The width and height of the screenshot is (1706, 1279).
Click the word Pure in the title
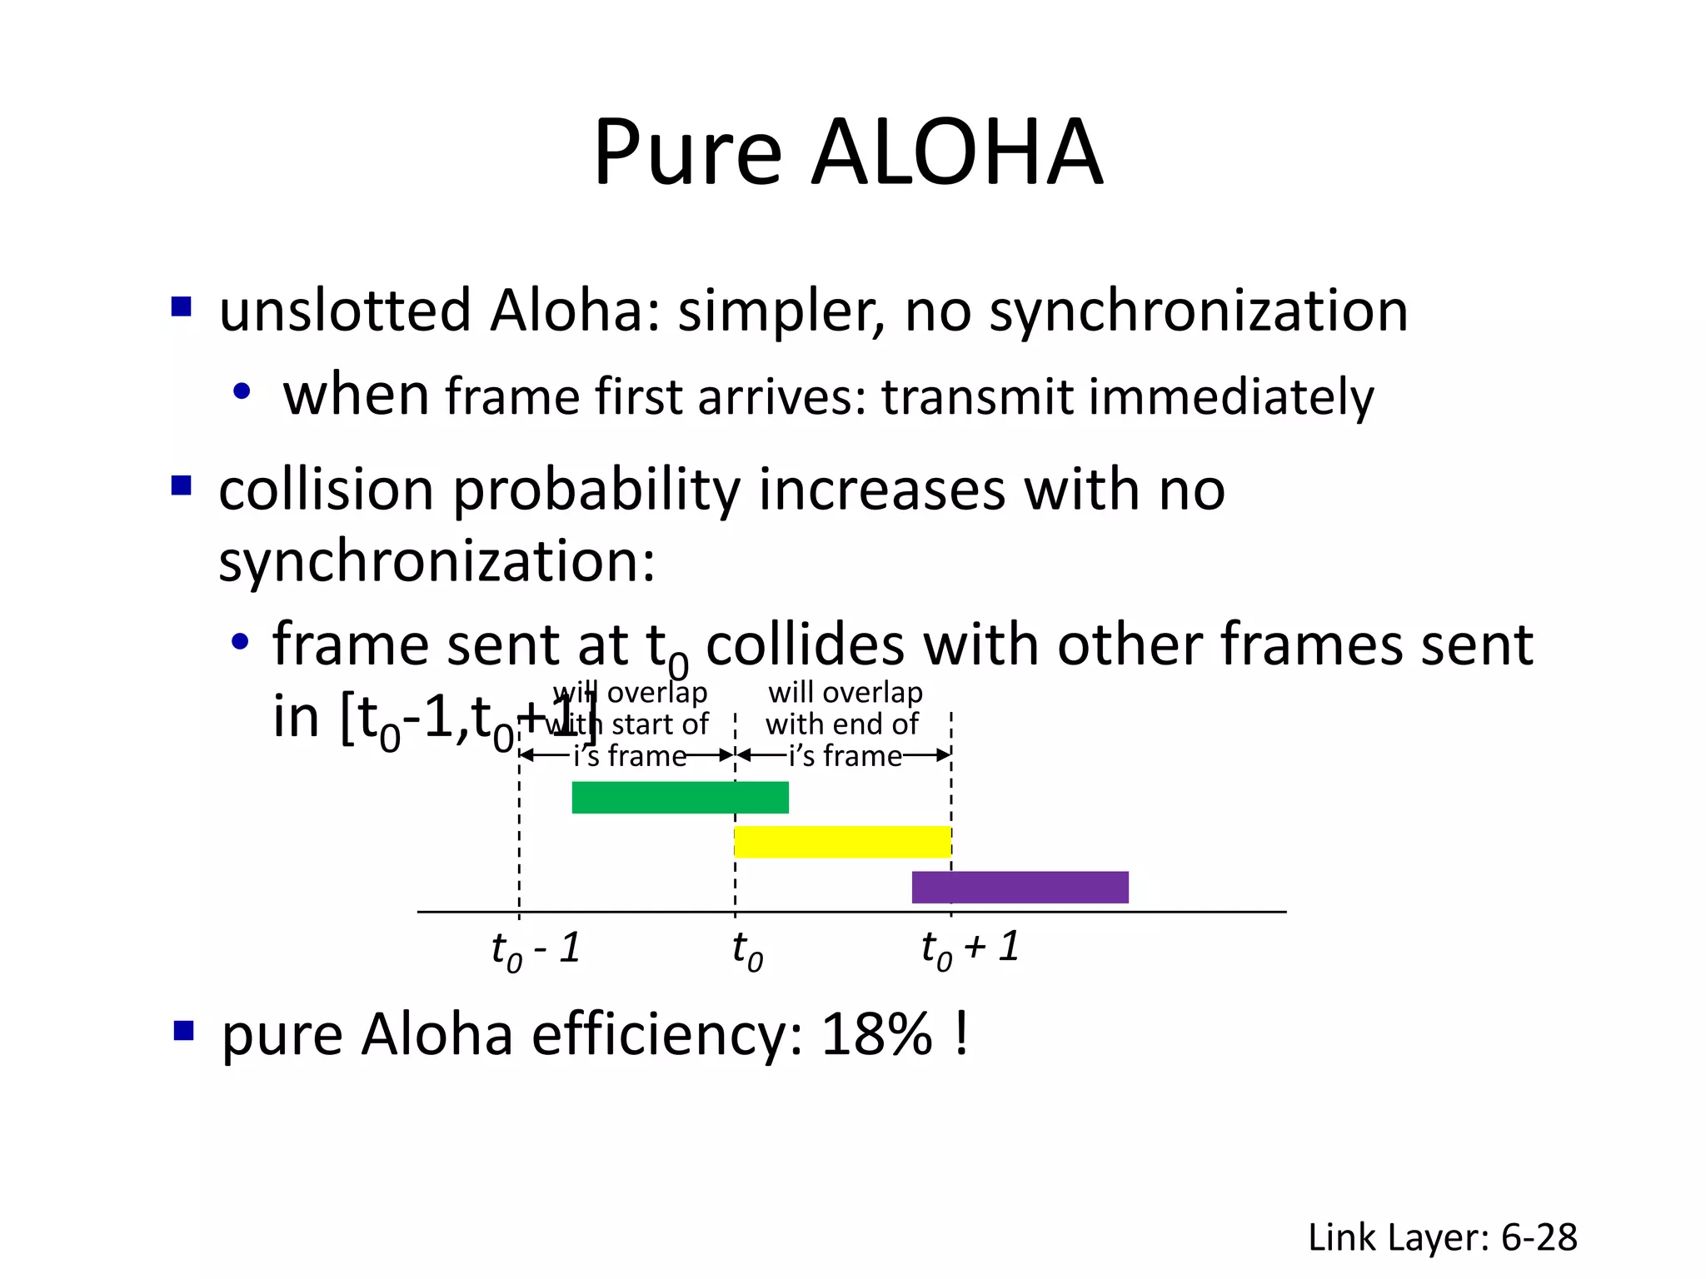click(687, 152)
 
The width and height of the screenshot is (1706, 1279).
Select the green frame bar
click(680, 798)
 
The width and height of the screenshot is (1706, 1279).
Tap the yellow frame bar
click(842, 842)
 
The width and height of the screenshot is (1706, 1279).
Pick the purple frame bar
click(1020, 887)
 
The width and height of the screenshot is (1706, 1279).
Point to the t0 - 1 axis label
click(536, 949)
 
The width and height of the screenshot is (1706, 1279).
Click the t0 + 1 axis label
click(970, 949)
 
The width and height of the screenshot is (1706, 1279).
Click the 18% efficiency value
click(876, 1035)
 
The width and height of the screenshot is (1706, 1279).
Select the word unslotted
click(345, 311)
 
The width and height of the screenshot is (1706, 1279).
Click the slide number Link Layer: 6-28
click(1442, 1237)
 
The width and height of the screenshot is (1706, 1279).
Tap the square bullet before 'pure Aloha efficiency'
click(183, 1033)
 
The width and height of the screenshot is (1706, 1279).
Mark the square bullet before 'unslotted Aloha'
click(182, 307)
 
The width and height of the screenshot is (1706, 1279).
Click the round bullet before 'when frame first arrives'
click(242, 391)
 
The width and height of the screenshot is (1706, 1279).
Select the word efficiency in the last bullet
click(667, 1035)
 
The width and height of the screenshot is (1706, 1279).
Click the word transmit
click(977, 397)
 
